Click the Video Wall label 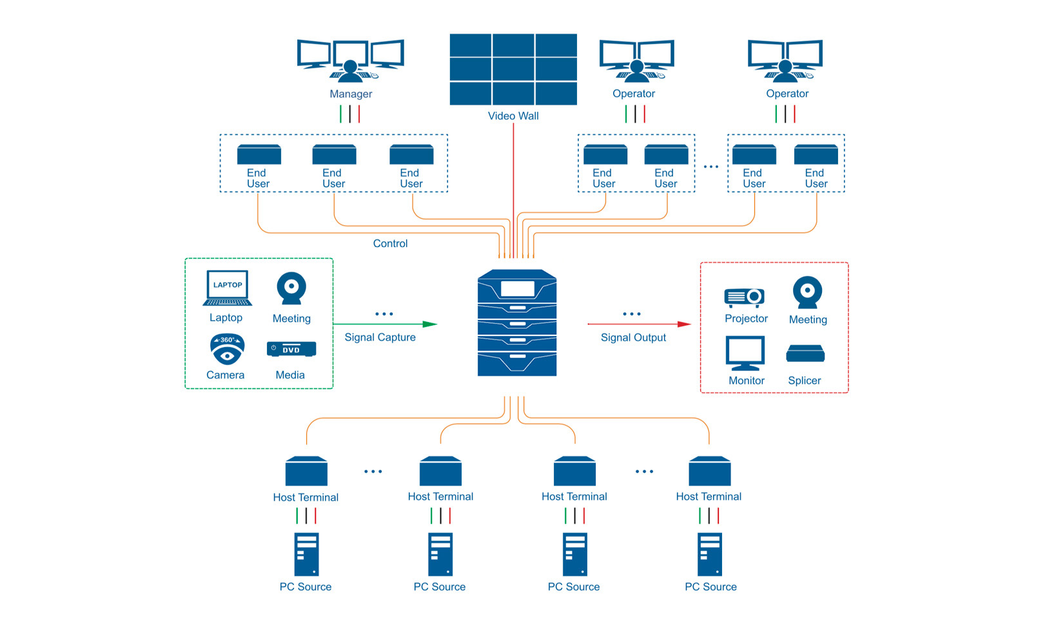point(513,115)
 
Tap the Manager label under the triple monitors point(351,94)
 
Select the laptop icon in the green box point(227,288)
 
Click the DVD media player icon point(291,349)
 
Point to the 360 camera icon point(227,349)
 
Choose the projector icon point(744,297)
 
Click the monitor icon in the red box point(745,353)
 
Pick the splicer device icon point(805,354)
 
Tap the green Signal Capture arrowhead point(430,324)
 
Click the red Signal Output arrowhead point(684,324)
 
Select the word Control point(390,243)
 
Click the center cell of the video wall point(513,69)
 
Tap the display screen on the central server point(518,288)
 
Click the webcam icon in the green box point(291,288)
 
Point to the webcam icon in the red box point(807,292)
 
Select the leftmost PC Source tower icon point(307,554)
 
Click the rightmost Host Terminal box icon point(710,471)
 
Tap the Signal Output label point(633,337)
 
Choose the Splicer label point(805,380)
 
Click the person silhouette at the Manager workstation point(351,71)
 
